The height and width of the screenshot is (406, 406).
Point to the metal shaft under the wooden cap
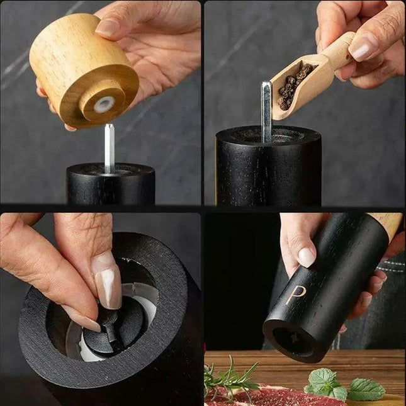coord(109,149)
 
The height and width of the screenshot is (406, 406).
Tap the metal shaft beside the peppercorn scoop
coord(267,110)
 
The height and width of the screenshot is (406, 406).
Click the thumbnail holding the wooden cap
coord(108,26)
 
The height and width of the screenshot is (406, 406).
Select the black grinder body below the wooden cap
coord(111,186)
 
